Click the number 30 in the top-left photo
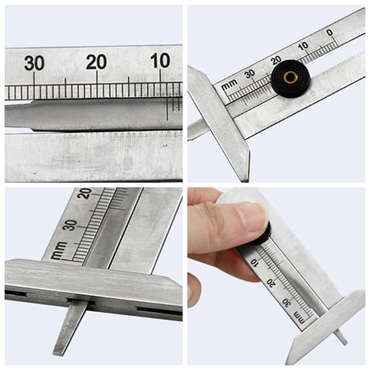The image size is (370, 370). [x=34, y=63]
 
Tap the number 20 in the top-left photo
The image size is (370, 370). [x=96, y=62]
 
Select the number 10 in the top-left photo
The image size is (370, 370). [x=160, y=60]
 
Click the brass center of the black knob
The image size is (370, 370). [x=290, y=77]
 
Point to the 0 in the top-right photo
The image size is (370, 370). [x=330, y=32]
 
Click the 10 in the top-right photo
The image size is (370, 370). [x=303, y=46]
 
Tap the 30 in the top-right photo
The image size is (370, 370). [x=250, y=74]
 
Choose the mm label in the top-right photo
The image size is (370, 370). [x=229, y=84]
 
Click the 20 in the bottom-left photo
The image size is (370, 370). [x=84, y=194]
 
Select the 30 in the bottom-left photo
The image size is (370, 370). [x=70, y=225]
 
